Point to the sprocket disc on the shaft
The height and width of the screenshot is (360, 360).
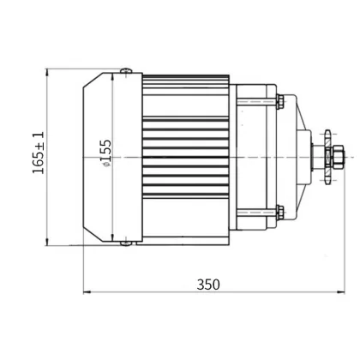[x=323, y=158]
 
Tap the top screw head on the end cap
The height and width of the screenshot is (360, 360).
[x=126, y=71]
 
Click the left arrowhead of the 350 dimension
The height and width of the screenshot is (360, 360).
[x=86, y=295]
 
